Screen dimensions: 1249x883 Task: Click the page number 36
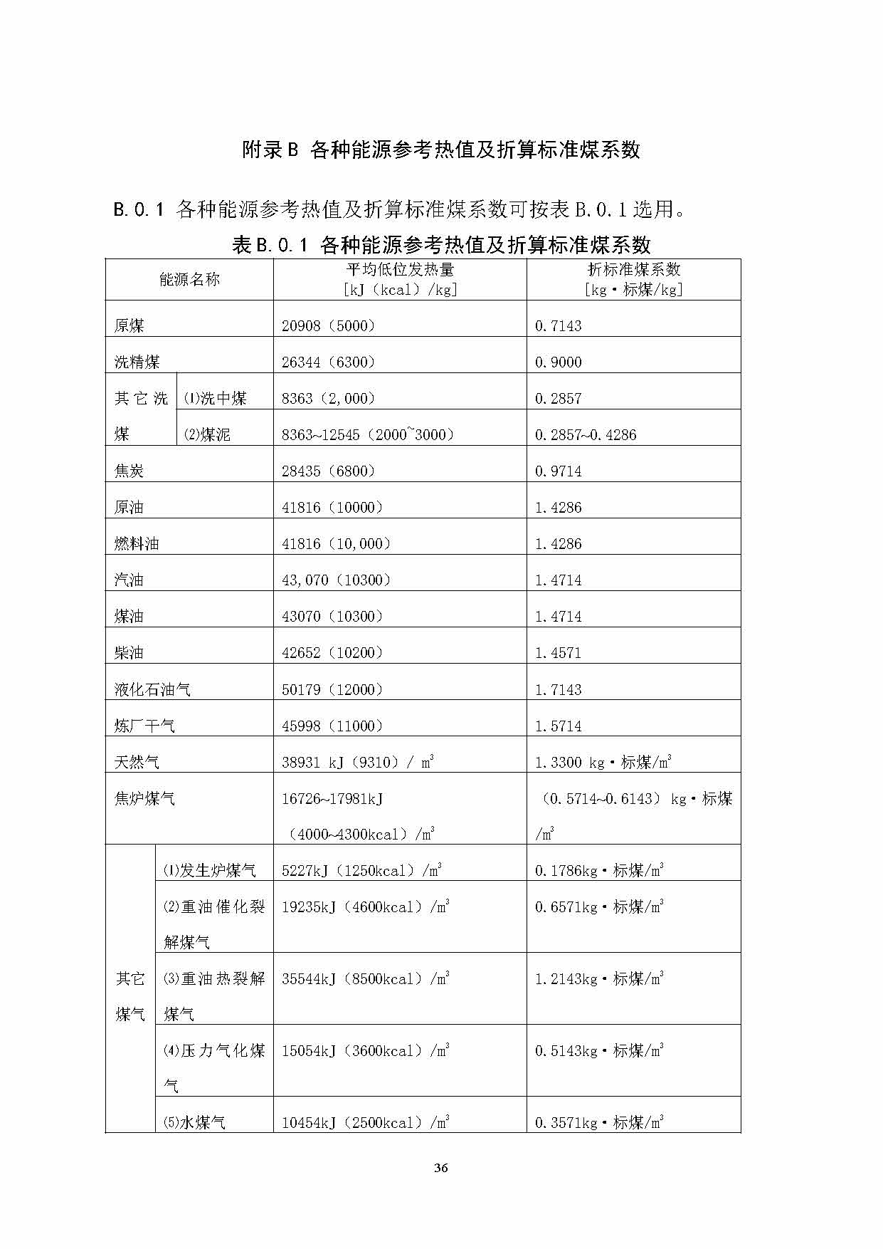point(440,1168)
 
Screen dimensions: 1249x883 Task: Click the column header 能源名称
point(189,280)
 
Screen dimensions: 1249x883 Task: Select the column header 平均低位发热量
point(400,270)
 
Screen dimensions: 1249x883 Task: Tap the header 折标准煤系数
point(633,270)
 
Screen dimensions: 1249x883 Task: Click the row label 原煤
point(129,326)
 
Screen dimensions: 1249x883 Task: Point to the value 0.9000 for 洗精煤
point(559,362)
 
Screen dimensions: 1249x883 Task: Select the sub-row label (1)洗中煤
point(216,399)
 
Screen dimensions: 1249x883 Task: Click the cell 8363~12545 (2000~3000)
point(368,435)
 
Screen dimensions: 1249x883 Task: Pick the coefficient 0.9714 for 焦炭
point(559,471)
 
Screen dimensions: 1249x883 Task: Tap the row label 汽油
point(129,580)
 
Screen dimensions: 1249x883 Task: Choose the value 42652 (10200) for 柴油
point(332,653)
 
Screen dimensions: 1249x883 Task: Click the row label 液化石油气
point(152,690)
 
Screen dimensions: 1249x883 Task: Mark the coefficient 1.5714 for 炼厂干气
point(559,726)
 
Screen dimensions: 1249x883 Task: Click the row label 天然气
point(137,763)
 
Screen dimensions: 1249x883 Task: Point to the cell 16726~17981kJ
point(332,799)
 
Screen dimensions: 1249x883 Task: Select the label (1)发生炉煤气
point(210,871)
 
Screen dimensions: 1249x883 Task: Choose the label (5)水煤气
point(195,1123)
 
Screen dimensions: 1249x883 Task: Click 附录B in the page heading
point(270,150)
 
